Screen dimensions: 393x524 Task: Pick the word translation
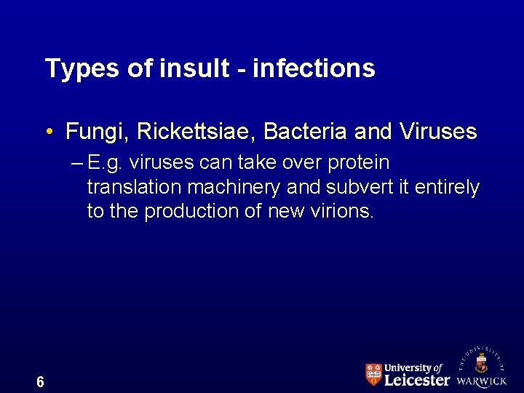[x=134, y=187]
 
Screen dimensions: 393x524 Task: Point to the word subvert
[x=360, y=187]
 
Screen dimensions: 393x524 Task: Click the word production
[x=194, y=211]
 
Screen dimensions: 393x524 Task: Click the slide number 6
[x=40, y=381]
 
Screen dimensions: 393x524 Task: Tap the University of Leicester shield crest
[x=373, y=374]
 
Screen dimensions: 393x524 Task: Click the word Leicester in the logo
[x=417, y=380]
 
